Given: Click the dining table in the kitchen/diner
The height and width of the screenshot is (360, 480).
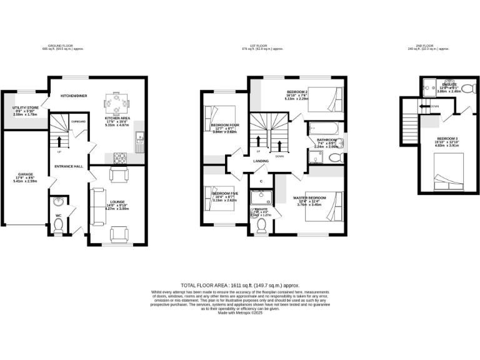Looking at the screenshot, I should point(116,101).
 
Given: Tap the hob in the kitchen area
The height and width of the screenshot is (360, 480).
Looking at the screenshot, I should point(118,157).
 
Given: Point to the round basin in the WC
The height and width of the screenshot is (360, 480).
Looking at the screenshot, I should point(58,202).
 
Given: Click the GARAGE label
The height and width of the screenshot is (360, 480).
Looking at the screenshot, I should point(25,174).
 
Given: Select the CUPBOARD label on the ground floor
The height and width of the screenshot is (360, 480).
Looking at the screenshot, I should point(78,121).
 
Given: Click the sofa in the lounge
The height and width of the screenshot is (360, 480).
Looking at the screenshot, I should point(97,207).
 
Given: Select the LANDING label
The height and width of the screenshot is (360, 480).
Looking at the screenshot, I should point(261,161).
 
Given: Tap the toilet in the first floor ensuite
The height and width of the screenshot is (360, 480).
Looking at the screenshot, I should point(261,224).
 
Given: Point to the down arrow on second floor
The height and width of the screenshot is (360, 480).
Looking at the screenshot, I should point(426,106).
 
